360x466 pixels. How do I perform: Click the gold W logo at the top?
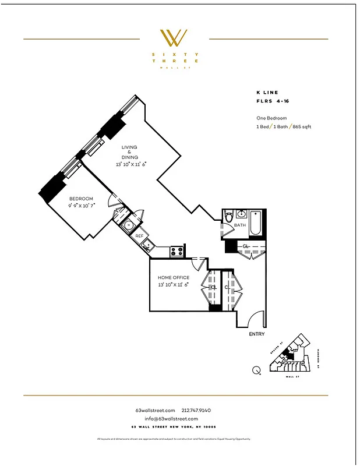pyautogui.click(x=174, y=38)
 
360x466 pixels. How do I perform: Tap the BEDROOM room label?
pyautogui.click(x=81, y=199)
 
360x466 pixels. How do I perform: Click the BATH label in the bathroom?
pyautogui.click(x=239, y=225)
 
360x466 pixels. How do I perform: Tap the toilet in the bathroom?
pyautogui.click(x=229, y=217)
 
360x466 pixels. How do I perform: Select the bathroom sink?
pyautogui.click(x=242, y=213)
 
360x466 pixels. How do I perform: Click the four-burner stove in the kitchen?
pyautogui.click(x=177, y=251)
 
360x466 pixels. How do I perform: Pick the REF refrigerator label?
pyautogui.click(x=139, y=236)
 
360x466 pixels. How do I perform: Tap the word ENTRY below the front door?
pyautogui.click(x=256, y=334)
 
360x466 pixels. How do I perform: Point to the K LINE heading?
pyautogui.click(x=267, y=92)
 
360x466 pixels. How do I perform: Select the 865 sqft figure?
pyautogui.click(x=302, y=126)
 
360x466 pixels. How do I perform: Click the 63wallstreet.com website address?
pyautogui.click(x=155, y=411)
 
